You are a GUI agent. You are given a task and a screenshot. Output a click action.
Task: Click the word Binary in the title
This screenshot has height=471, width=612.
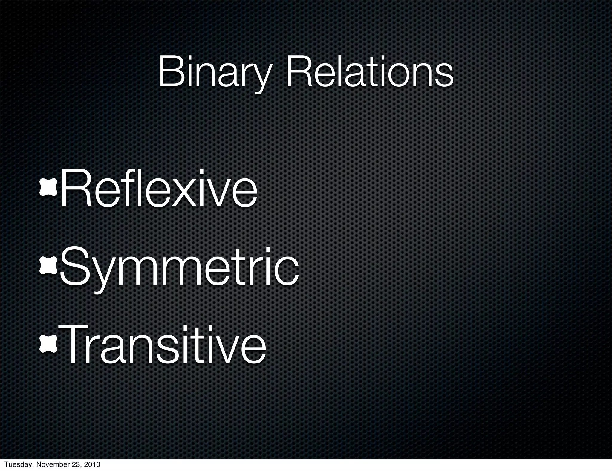tap(215, 73)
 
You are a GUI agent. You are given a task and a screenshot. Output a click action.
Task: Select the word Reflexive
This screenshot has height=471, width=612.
tap(159, 189)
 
